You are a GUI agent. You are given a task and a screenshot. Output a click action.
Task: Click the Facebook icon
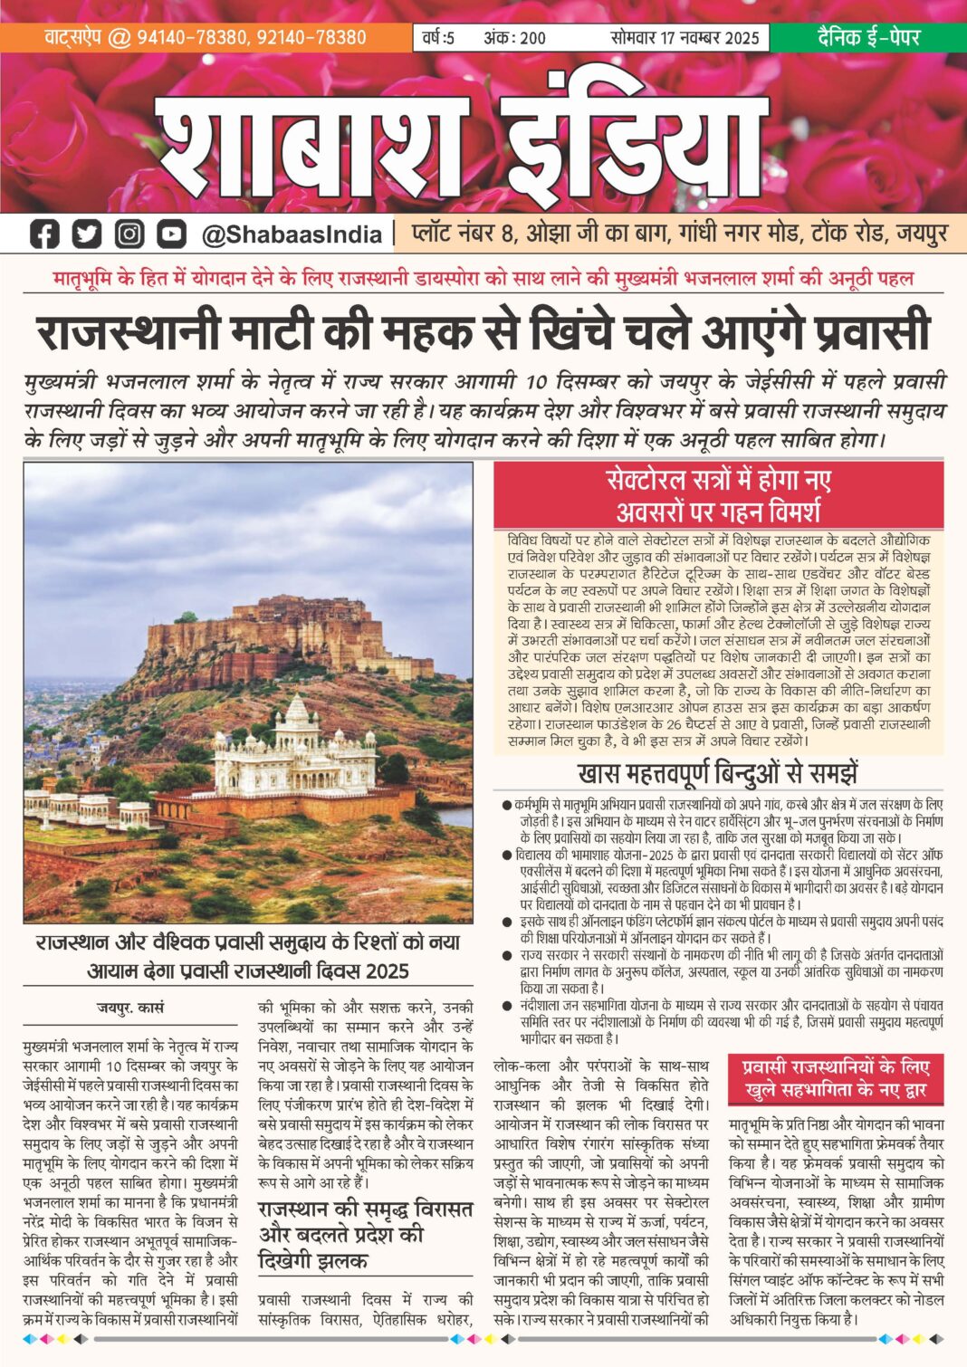[44, 234]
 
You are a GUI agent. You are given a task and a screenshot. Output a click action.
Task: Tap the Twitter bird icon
[87, 234]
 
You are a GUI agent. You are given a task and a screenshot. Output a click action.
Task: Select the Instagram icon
[129, 234]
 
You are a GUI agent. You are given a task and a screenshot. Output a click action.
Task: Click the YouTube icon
[171, 234]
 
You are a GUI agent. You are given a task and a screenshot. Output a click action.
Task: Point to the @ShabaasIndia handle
[292, 234]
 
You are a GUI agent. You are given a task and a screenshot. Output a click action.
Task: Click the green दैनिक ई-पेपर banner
[868, 37]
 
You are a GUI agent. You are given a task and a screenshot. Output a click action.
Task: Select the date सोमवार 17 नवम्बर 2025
[685, 38]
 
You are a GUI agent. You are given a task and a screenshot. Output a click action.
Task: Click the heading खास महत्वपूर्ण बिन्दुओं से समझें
[718, 774]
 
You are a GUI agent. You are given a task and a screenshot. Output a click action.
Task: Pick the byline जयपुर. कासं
[130, 1007]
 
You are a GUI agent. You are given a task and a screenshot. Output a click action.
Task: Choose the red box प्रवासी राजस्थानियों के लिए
[836, 1078]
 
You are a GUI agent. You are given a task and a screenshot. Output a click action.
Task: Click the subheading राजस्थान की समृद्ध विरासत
[366, 1209]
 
